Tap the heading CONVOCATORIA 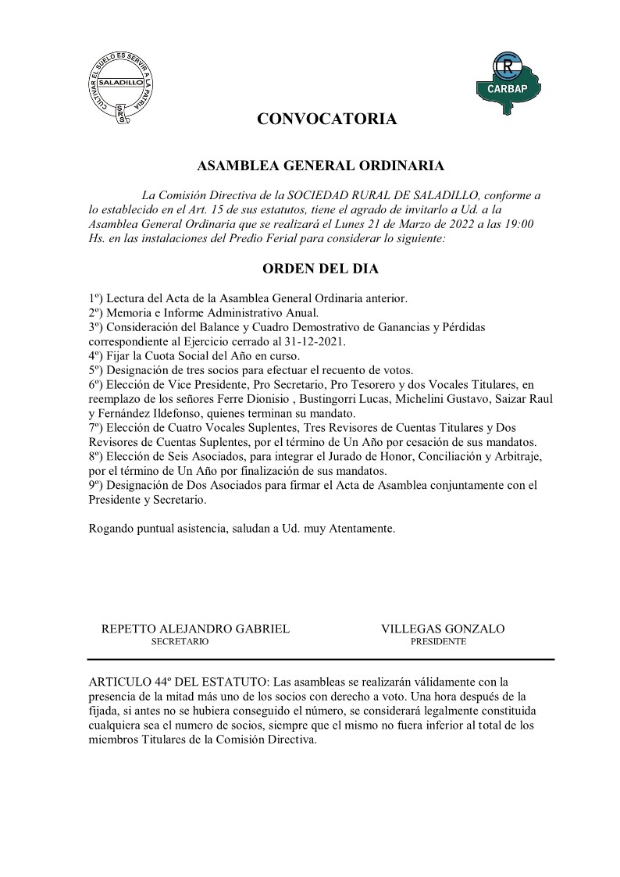(327, 119)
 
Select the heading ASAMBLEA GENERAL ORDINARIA (321, 166)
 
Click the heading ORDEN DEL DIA (322, 269)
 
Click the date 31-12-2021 (318, 342)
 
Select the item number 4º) (97, 356)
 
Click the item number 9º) (97, 485)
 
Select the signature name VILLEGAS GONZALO (443, 629)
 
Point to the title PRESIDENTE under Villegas (438, 642)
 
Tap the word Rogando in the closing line (112, 528)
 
